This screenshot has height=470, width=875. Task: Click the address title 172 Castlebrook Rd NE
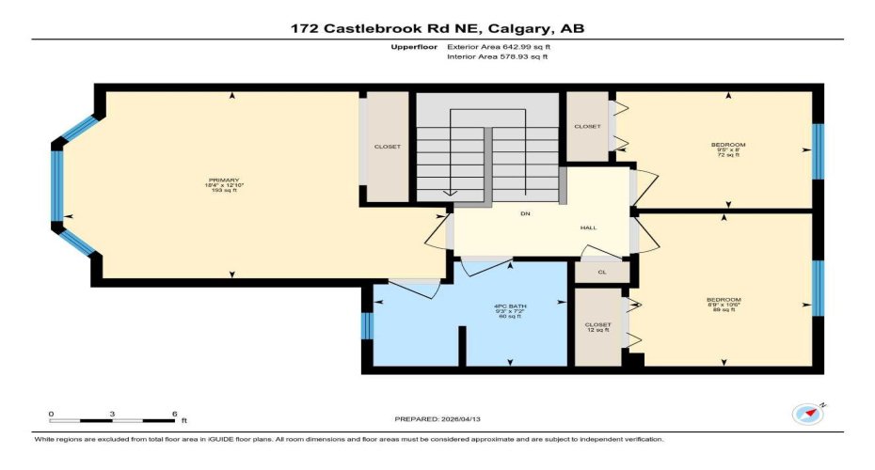click(437, 28)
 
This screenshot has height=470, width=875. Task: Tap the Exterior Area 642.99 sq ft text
click(498, 46)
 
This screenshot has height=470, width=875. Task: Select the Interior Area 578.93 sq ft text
click(497, 57)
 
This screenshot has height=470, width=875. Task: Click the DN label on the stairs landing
click(525, 214)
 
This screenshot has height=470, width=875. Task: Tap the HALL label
click(588, 227)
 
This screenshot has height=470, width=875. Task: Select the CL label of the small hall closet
click(601, 272)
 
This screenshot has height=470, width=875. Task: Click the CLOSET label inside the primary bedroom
click(387, 147)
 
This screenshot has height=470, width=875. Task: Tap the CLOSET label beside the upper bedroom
click(588, 126)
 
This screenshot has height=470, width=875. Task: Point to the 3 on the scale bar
click(112, 414)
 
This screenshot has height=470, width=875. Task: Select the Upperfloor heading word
click(412, 46)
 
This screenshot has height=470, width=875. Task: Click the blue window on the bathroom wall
click(367, 325)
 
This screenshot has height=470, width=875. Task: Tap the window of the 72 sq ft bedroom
click(818, 150)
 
